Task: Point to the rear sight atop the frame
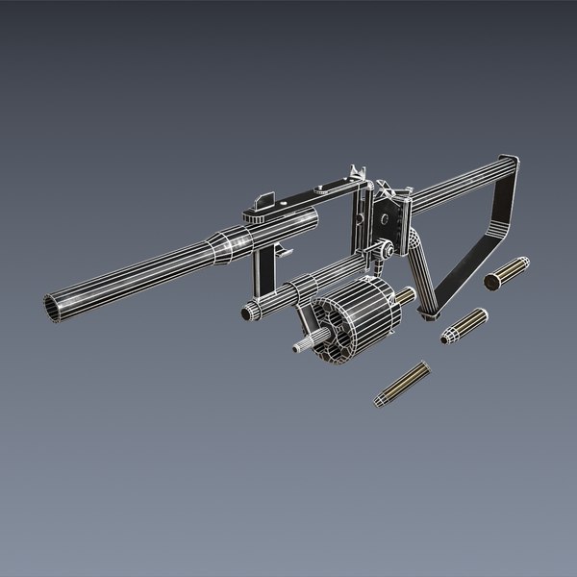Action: tap(358, 177)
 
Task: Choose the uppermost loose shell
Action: tap(506, 273)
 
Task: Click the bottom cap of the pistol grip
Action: tap(428, 308)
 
